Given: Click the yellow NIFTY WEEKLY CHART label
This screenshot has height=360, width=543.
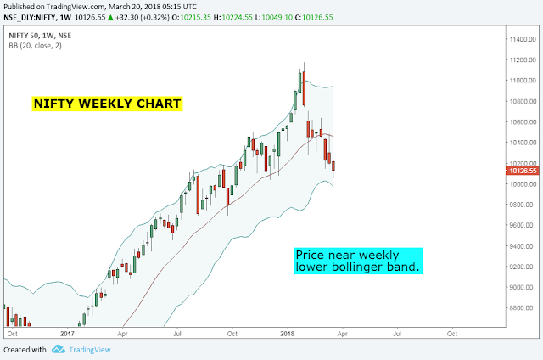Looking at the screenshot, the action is (107, 104).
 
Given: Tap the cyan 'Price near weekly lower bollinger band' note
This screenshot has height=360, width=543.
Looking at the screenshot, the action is (358, 261).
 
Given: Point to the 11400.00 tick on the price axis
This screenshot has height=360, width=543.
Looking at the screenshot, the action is (523, 40).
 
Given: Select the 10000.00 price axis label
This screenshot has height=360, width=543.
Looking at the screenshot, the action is (523, 184).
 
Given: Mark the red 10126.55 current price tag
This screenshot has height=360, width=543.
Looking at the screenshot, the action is (523, 171).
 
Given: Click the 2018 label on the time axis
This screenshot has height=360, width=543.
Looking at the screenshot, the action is (287, 334).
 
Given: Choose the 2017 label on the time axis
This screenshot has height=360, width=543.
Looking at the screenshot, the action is (67, 334).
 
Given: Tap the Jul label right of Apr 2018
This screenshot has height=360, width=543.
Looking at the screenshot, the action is (397, 334).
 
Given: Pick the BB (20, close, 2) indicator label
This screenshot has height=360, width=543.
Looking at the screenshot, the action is (36, 45).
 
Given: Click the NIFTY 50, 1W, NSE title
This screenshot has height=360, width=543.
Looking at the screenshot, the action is (40, 36).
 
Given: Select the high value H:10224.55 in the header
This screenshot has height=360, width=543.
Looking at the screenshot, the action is (232, 17).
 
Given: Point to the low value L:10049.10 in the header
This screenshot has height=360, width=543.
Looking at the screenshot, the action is (273, 17).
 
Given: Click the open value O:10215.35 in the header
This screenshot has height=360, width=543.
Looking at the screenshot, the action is (191, 17).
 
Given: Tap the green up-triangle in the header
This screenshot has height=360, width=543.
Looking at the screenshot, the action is (110, 17).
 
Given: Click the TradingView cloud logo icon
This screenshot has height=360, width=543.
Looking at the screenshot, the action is (59, 349).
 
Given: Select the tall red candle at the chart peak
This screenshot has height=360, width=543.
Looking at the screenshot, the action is (304, 88).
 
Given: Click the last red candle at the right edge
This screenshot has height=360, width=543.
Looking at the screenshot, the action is (333, 166).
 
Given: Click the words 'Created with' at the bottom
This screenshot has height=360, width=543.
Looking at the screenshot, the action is (25, 350).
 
